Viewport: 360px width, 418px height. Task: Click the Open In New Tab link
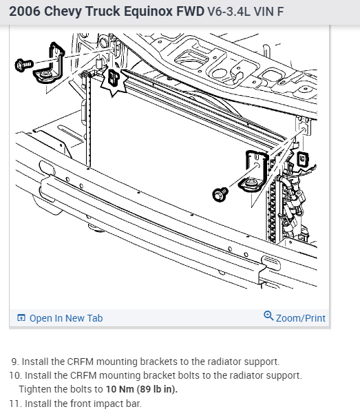pos(66,318)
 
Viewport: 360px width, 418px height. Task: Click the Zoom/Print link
pos(301,318)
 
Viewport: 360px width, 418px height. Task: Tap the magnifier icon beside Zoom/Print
pos(268,315)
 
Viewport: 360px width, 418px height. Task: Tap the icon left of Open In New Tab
pos(21,317)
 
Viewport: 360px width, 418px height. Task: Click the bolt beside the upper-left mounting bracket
pos(24,65)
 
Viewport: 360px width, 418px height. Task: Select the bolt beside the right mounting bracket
pos(220,194)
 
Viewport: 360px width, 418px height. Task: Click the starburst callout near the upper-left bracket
pos(114,80)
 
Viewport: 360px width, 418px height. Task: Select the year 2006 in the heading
pos(25,12)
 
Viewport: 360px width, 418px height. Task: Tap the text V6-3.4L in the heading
pos(229,12)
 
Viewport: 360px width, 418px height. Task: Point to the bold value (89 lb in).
pos(157,389)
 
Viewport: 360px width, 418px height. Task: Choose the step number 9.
pos(15,362)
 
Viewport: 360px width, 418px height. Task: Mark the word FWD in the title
pos(190,12)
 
